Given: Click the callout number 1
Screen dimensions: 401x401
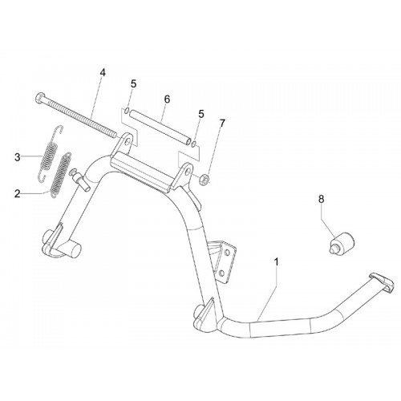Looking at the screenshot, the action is pyautogui.click(x=277, y=262).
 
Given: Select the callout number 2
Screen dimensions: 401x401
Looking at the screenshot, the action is pyautogui.click(x=18, y=193).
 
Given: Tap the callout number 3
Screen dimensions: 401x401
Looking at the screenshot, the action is pyautogui.click(x=18, y=157).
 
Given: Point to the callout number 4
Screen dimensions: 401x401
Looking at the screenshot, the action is pyautogui.click(x=103, y=73).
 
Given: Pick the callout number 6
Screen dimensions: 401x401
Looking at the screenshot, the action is pyautogui.click(x=167, y=99).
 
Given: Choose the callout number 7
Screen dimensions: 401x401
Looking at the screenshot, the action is pyautogui.click(x=222, y=124).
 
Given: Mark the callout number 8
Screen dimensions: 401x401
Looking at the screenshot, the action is pyautogui.click(x=321, y=199).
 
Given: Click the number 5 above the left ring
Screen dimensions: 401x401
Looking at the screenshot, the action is pyautogui.click(x=133, y=83).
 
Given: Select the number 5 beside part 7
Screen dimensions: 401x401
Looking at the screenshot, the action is pyautogui.click(x=201, y=114).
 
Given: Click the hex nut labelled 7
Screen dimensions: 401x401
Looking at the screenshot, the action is pyautogui.click(x=205, y=179).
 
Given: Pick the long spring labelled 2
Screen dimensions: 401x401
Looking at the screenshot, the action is pyautogui.click(x=61, y=175).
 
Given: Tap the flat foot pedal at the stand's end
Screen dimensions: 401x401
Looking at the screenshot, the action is pyautogui.click(x=381, y=282).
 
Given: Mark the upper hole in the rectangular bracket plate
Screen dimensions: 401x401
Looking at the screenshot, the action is pyautogui.click(x=228, y=253).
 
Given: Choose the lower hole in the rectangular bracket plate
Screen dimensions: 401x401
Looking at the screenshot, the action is pyautogui.click(x=221, y=273).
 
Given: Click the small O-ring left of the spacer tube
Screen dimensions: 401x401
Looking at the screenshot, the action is pyautogui.click(x=127, y=111).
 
